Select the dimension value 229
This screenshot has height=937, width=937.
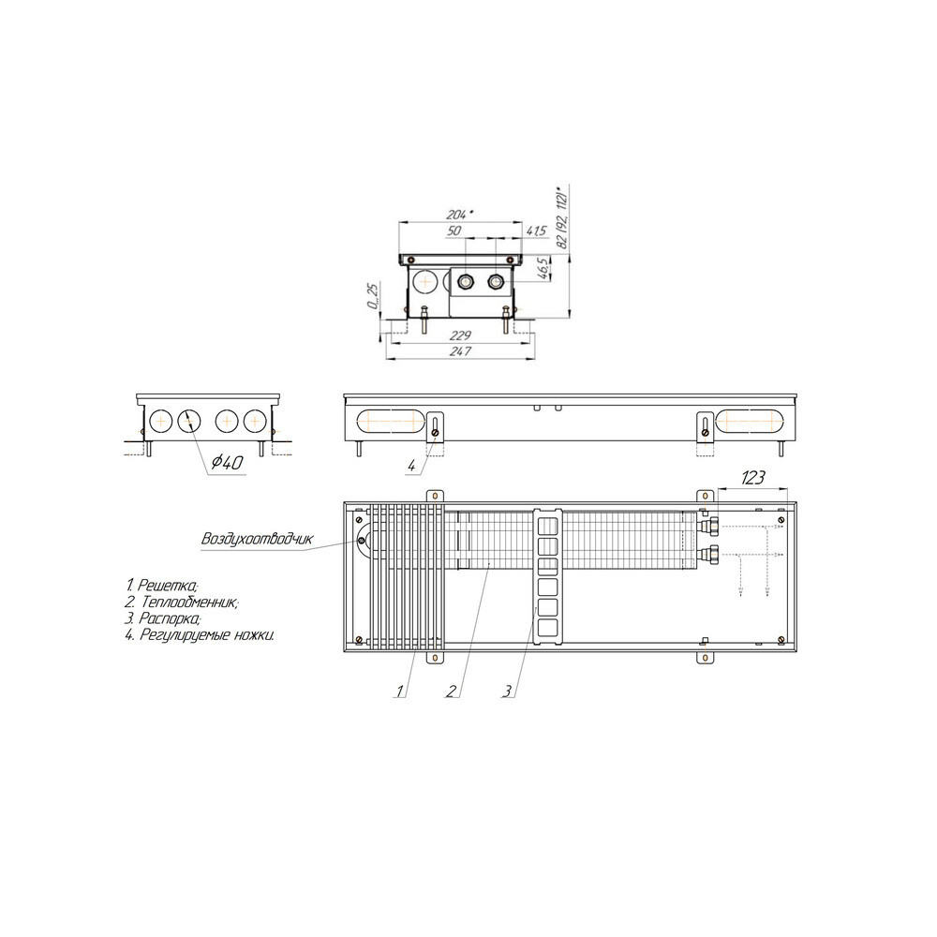(460, 335)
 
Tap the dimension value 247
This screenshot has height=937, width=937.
(460, 351)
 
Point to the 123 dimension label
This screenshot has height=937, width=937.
(752, 478)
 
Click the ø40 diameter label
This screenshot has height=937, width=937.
(228, 462)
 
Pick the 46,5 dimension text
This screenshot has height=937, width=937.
(542, 269)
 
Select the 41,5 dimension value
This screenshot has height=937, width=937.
(537, 231)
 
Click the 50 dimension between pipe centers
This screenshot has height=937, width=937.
(454, 231)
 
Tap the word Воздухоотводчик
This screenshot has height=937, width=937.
(257, 539)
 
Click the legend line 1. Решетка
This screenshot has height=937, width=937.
(162, 585)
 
